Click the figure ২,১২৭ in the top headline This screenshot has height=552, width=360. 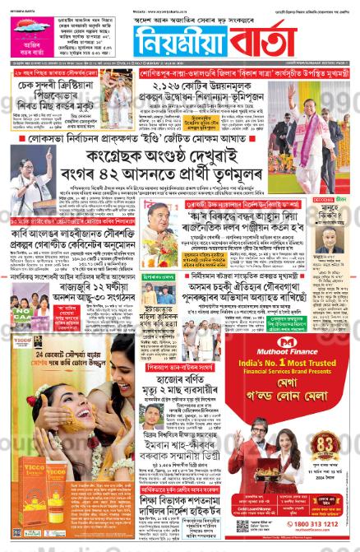click(x=168, y=84)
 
